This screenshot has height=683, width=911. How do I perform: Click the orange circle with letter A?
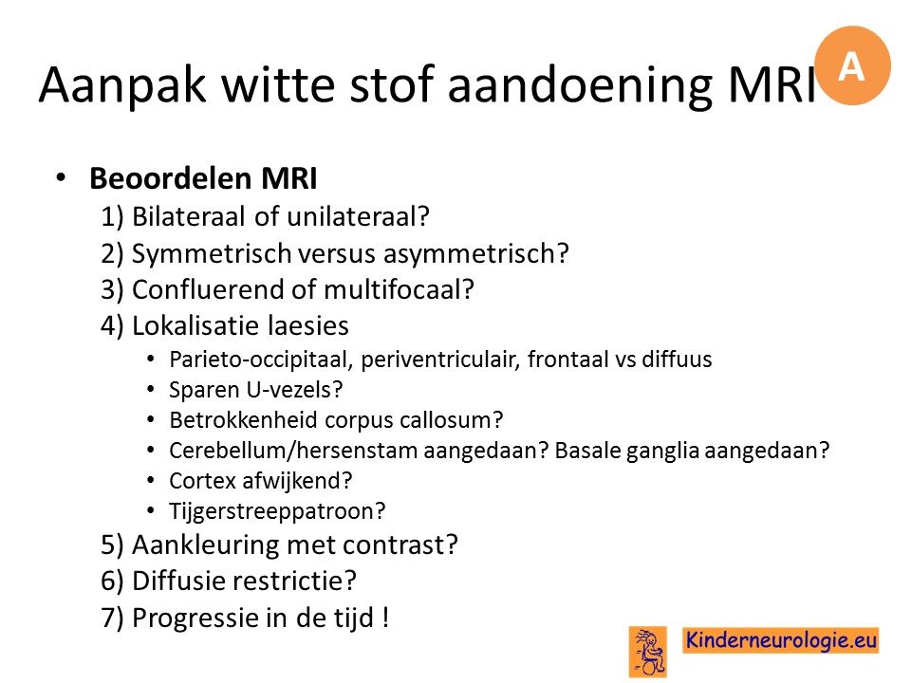852,65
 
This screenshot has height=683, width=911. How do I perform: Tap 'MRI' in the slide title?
772,84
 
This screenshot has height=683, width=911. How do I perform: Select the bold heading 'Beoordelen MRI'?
203,178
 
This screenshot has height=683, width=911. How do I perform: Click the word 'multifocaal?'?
400,289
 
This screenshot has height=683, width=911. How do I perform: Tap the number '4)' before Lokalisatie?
112,325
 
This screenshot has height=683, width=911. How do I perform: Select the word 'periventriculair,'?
439,360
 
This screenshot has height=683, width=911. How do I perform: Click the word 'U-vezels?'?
294,389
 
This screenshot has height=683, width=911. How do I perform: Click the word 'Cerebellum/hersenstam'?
294,451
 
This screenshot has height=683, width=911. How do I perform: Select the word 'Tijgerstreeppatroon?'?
277,511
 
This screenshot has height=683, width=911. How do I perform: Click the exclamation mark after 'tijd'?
385,617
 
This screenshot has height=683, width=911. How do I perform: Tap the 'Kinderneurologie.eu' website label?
781,640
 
